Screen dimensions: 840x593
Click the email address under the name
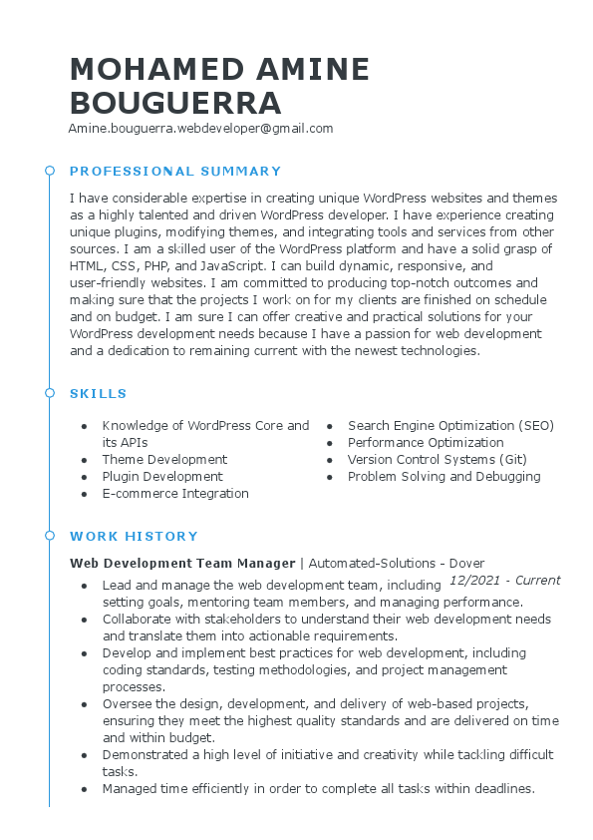click(200, 129)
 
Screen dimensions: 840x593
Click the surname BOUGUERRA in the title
click(175, 103)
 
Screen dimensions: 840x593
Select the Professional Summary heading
click(175, 171)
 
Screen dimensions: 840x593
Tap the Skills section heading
click(99, 393)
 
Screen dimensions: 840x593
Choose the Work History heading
click(134, 536)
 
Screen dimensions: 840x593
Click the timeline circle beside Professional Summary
click(50, 171)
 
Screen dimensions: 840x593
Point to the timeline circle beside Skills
click(50, 393)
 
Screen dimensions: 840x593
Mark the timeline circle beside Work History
click(50, 536)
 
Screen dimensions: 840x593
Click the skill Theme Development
click(164, 460)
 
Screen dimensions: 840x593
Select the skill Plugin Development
click(162, 477)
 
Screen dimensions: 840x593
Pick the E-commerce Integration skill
click(175, 494)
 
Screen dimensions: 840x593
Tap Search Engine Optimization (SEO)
click(450, 426)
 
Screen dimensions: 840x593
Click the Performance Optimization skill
click(426, 443)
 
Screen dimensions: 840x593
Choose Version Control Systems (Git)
click(437, 460)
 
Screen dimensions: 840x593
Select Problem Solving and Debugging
click(444, 477)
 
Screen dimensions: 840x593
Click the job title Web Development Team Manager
click(182, 563)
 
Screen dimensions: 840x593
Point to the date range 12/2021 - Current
click(504, 581)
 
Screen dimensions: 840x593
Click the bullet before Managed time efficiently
click(84, 789)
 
